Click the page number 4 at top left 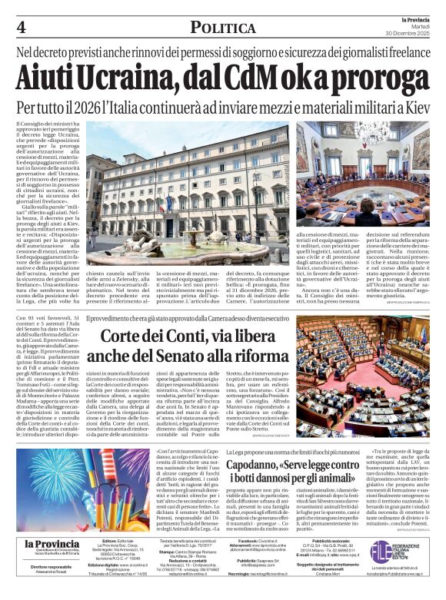point(21,28)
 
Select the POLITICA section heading point(223,28)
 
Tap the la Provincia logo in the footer point(52,546)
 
